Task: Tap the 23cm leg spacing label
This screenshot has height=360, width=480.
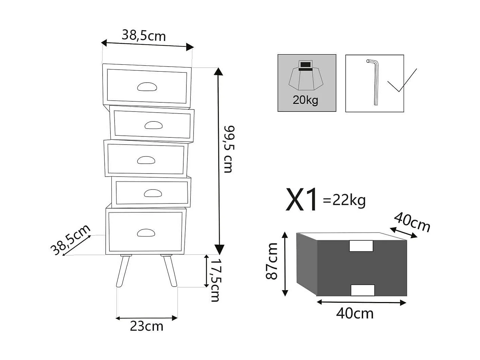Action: pos(146,326)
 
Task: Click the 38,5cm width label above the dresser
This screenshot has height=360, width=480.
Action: pos(143,35)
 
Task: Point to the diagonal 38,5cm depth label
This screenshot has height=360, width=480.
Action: pos(71,240)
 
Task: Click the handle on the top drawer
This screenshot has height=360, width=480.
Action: pos(147,87)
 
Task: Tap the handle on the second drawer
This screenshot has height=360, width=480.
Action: pos(153,125)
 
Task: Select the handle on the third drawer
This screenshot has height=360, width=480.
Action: pos(146,160)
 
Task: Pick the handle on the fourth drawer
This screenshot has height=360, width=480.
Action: pos(153,193)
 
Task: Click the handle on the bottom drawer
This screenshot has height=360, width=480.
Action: pos(146,233)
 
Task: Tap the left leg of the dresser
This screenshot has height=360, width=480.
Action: pos(123,271)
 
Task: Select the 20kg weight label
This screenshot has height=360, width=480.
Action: pos(305,100)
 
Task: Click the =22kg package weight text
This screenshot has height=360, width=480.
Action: pos(344,200)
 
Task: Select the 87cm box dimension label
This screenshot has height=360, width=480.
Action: pos(272,261)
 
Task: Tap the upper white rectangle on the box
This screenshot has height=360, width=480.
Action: pos(361,246)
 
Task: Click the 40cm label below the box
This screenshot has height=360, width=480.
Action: pos(355,313)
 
